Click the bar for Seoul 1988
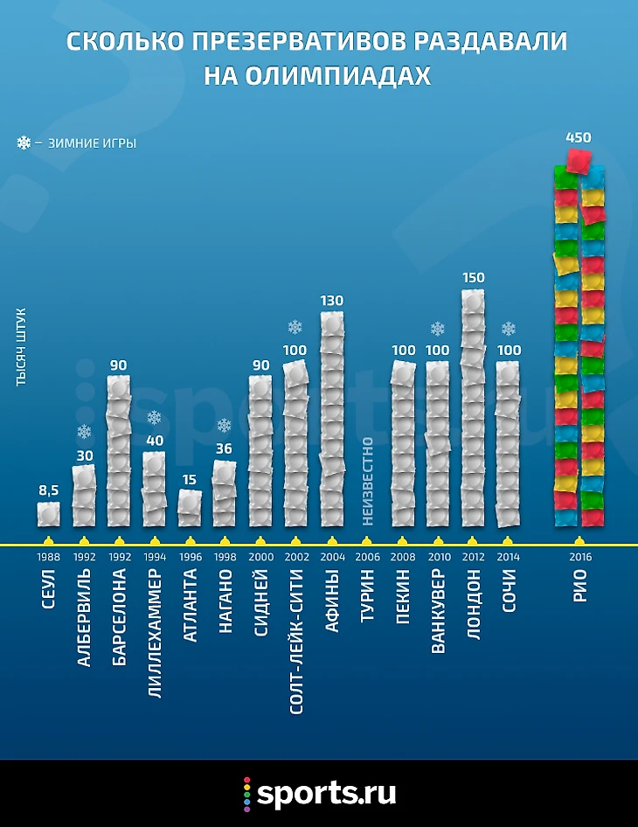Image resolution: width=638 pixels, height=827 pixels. (49, 514)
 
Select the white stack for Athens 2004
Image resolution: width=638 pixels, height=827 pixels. (332, 420)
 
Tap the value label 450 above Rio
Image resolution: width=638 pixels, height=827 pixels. (579, 137)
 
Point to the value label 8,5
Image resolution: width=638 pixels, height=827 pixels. (48, 490)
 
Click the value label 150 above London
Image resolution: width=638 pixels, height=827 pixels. (473, 277)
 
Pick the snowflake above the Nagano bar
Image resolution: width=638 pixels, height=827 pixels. (225, 426)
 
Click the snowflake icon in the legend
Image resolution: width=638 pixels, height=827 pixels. (24, 142)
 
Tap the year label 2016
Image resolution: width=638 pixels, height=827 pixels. (579, 555)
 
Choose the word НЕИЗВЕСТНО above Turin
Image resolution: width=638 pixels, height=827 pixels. (367, 480)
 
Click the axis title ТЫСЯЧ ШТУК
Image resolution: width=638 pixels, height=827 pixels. (21, 346)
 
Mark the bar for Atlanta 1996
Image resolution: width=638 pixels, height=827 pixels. (189, 507)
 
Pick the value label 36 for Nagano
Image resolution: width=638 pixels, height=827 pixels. (225, 449)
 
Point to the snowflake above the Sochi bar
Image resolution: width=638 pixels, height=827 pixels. (508, 329)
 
